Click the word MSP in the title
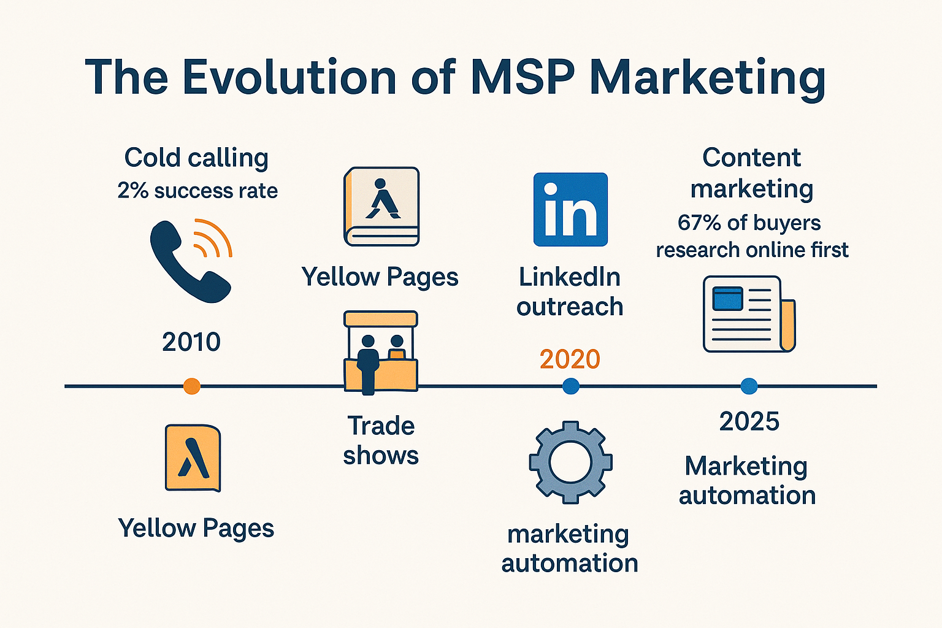pos(523,77)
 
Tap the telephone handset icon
pos(190,262)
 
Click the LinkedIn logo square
pos(570,210)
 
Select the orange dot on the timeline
pos(192,386)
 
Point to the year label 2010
pos(191,342)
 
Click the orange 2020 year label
pos(570,359)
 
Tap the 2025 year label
pos(749,421)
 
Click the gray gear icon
pos(570,462)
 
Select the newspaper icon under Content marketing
pos(749,314)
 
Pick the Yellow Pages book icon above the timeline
pos(381,207)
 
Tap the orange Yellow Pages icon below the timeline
pos(193,458)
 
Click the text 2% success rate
pos(197,191)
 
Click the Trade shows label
pos(381,440)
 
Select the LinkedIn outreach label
pos(570,292)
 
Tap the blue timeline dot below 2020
pos(571,386)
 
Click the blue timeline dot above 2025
pos(749,386)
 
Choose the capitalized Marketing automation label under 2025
pos(748,481)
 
